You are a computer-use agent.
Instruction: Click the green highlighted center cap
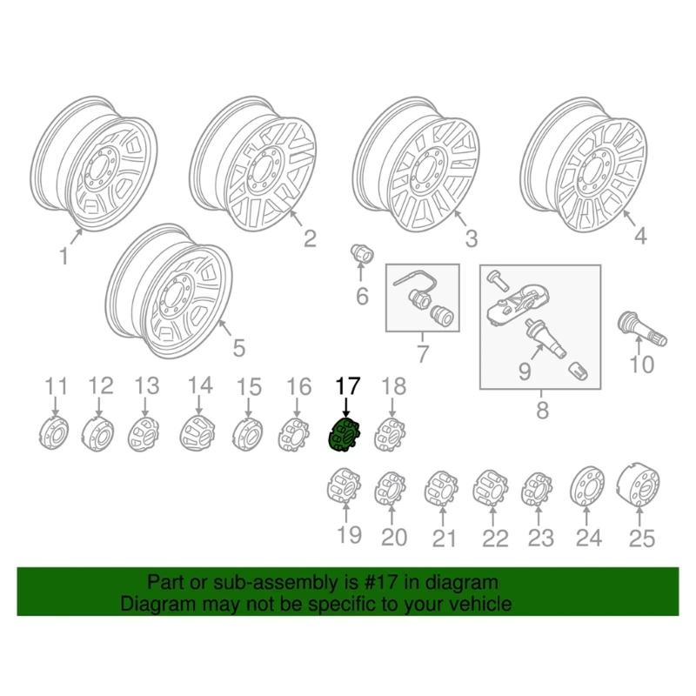click(345, 434)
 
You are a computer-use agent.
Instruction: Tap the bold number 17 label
click(346, 385)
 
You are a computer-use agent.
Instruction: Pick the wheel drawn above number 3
click(418, 165)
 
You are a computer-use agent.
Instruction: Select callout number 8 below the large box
click(541, 408)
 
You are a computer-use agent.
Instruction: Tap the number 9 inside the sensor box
click(525, 371)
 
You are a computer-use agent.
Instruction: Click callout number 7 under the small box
click(423, 355)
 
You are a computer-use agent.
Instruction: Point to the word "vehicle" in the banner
click(477, 603)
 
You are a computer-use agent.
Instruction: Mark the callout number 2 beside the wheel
click(310, 238)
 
